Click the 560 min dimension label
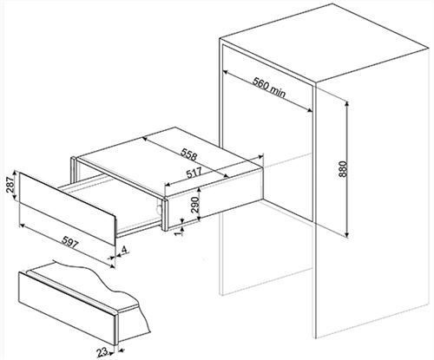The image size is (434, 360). [269, 87]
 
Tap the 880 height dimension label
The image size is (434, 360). [342, 169]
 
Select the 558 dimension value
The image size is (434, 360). [188, 154]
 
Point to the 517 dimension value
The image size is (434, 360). [194, 173]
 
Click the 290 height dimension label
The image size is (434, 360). [196, 205]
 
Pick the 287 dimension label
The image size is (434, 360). [10, 185]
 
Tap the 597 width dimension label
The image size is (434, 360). [70, 241]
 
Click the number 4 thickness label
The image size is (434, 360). [124, 251]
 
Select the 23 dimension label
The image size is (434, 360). [102, 352]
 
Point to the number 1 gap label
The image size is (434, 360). [181, 231]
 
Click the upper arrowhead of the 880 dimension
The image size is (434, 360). [347, 104]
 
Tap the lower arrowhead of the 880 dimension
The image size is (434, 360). [347, 233]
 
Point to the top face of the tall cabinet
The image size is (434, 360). [323, 42]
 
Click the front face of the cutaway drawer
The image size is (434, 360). [67, 308]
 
